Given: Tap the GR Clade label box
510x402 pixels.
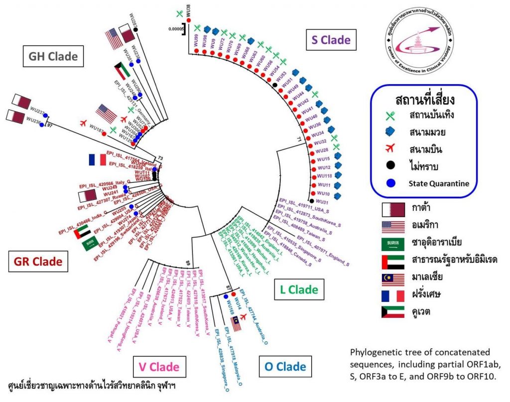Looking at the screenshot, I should tap(38, 261).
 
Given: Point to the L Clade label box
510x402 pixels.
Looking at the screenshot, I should tap(298, 289).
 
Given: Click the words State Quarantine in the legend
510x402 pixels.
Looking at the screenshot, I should tap(439, 183).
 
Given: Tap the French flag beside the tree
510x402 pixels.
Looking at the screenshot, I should tap(98, 159).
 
